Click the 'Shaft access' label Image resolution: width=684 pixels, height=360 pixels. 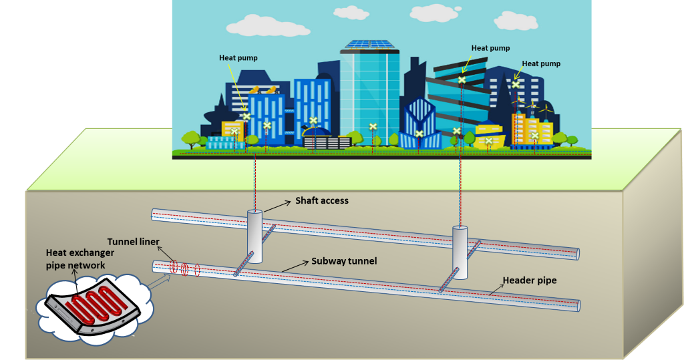pos(322,200)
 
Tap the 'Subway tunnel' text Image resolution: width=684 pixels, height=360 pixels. pos(344,260)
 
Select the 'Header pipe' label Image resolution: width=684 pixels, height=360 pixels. pos(529,281)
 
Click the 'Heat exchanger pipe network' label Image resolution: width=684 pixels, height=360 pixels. pos(79,258)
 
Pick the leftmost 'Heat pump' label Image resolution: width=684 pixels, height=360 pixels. pos(238,58)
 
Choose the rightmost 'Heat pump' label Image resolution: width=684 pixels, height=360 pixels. pos(541,63)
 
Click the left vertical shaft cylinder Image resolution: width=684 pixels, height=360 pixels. pos(254,237)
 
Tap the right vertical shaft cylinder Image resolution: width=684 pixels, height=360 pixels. pos(460,252)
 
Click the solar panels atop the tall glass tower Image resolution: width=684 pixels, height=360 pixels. pos(369,45)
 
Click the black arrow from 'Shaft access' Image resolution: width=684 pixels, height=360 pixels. pos(277,206)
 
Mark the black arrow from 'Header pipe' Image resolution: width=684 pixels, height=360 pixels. pos(494,288)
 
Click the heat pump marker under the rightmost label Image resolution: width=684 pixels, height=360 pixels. pos(516,84)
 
